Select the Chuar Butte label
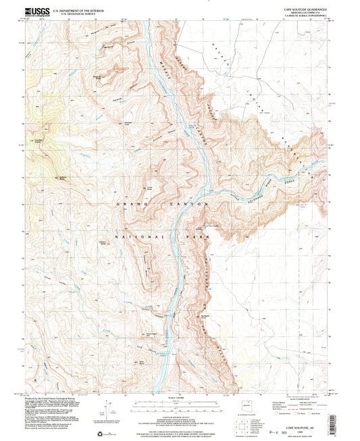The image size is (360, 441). coord(149,188)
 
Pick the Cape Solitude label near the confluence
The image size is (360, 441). coord(211,226)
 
